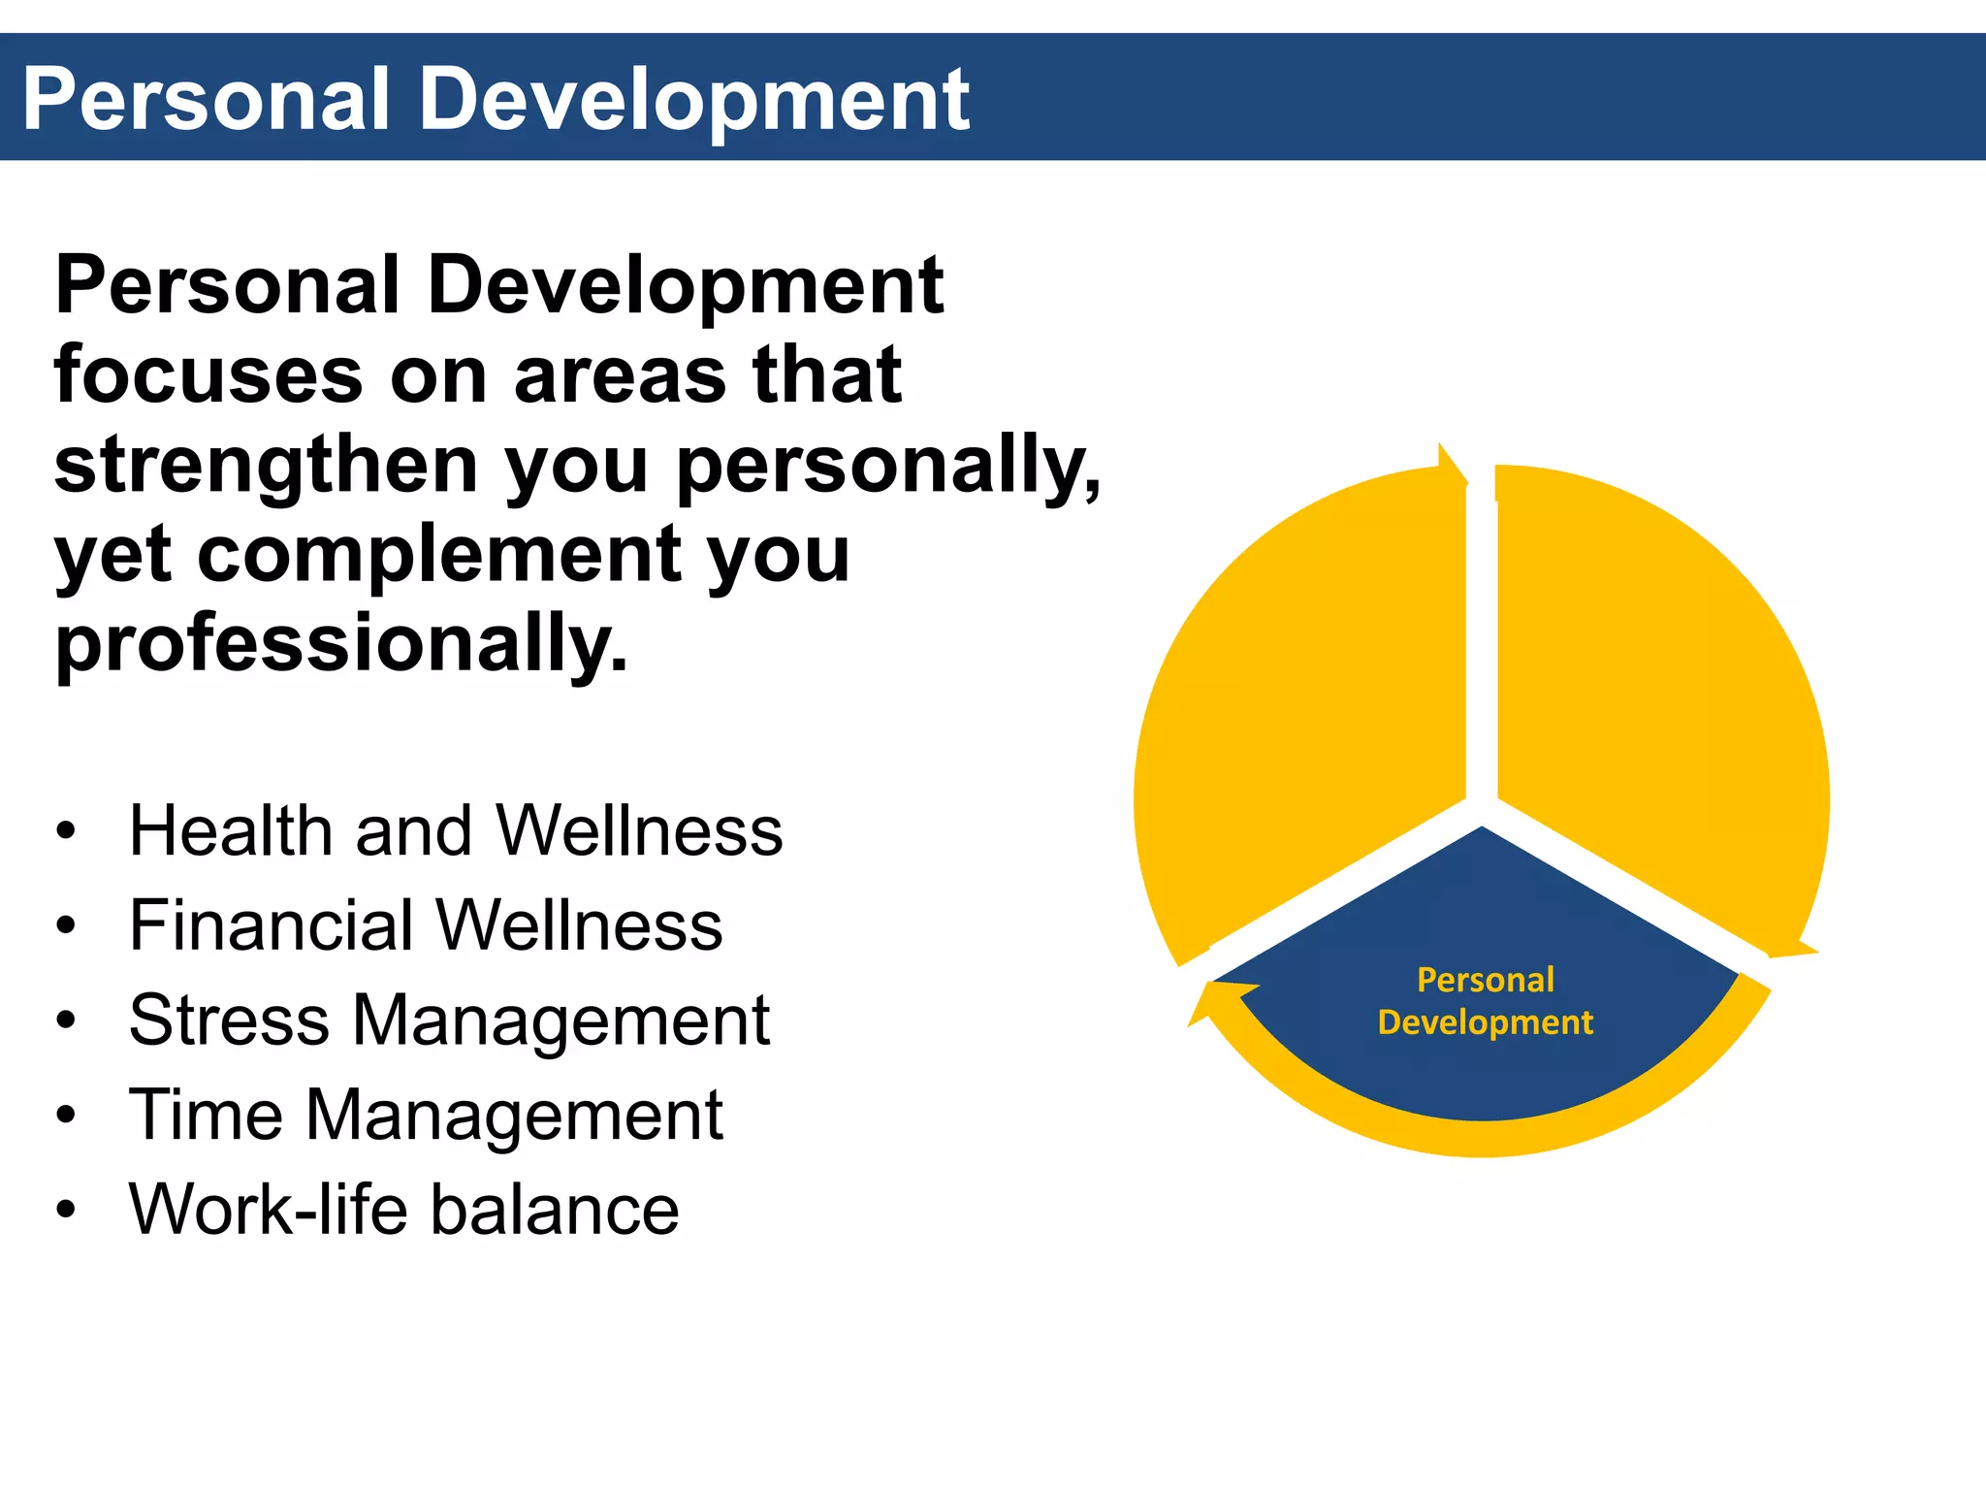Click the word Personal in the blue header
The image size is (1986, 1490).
pos(206,100)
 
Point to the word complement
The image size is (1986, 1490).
pos(439,555)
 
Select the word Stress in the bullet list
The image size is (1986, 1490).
pos(229,1020)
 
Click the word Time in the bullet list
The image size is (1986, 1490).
pos(205,1115)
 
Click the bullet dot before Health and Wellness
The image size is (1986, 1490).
pos(65,832)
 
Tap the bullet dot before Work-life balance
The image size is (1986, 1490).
pos(65,1211)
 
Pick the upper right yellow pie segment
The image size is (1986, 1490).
pos(1658,698)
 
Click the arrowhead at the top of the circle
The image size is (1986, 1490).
pos(1451,463)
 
